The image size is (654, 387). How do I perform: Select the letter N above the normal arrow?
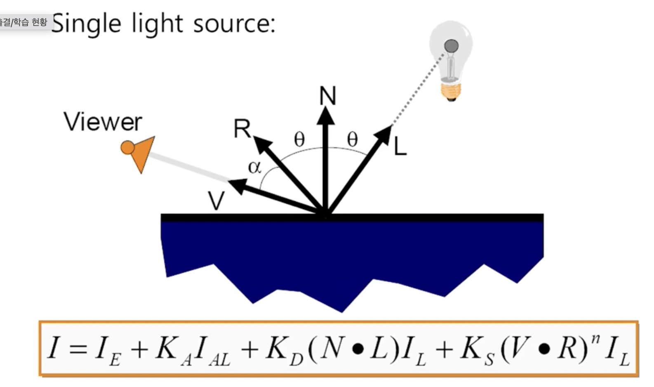328,96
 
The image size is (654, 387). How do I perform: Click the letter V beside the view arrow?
216,201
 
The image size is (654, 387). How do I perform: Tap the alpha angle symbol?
254,167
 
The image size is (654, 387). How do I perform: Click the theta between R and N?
299,139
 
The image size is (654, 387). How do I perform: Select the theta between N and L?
352,139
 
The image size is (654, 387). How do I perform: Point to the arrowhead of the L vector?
385,132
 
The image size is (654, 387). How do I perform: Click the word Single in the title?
86,24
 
